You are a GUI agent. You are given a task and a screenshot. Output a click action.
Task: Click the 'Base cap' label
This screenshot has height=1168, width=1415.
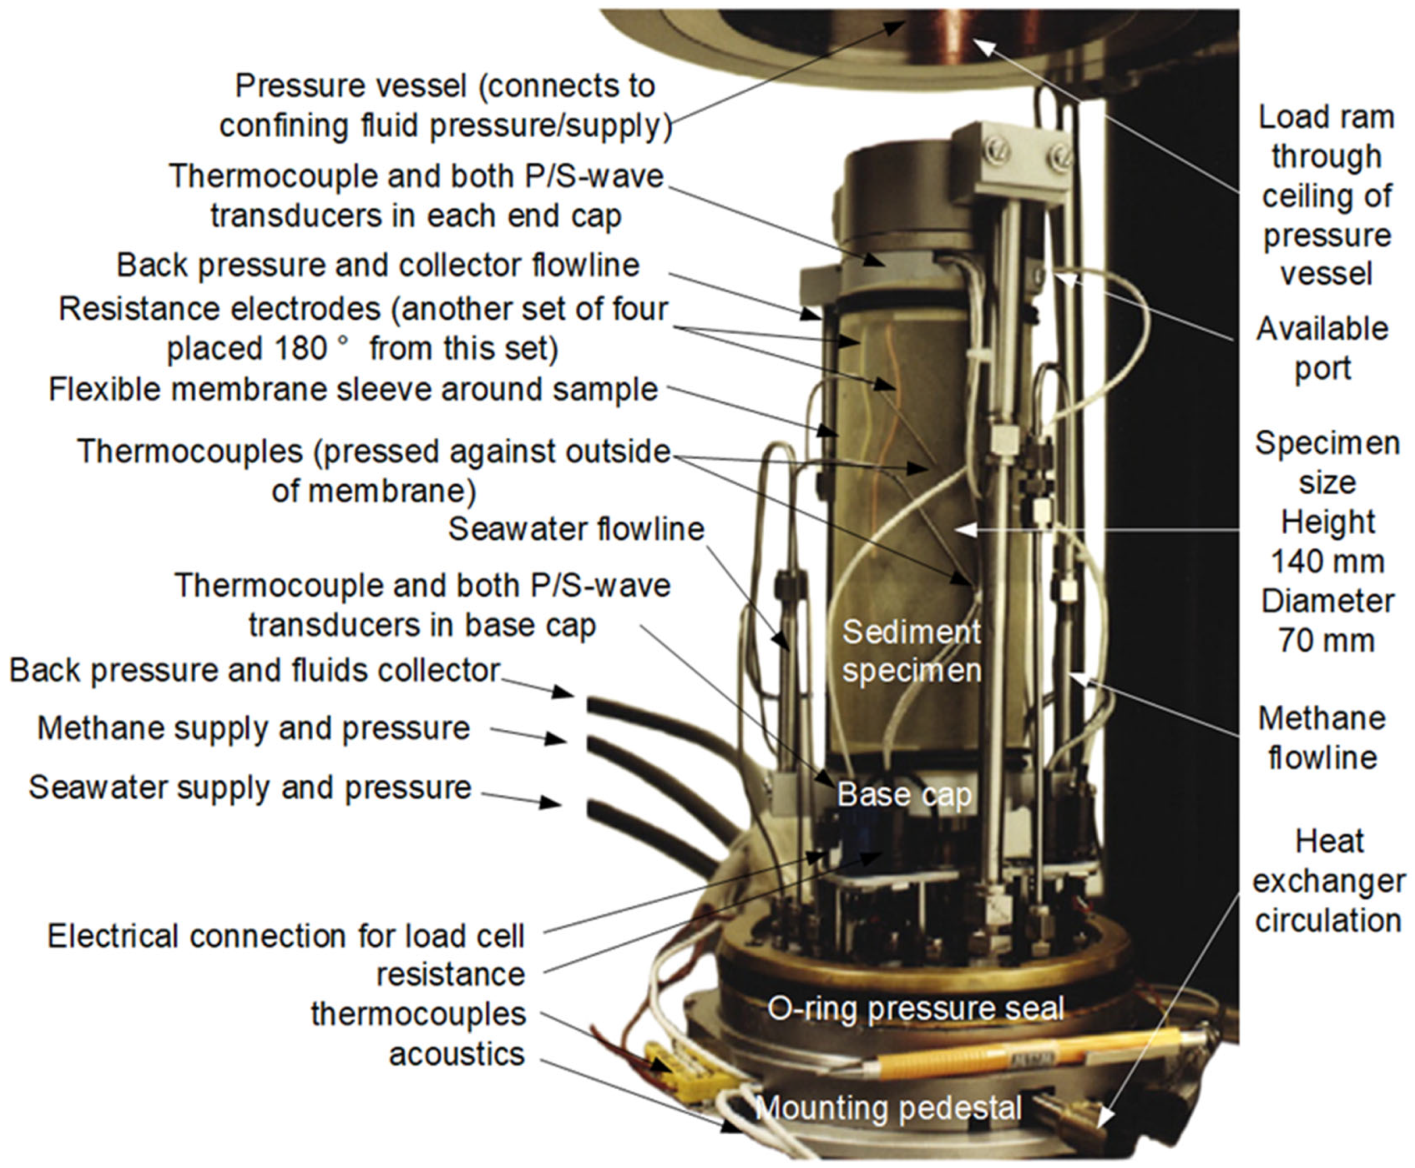pyautogui.click(x=904, y=794)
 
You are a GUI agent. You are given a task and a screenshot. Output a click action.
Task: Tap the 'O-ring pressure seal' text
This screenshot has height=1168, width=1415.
pyautogui.click(x=916, y=1008)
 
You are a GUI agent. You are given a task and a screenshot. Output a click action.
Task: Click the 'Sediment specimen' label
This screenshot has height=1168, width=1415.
pyautogui.click(x=912, y=651)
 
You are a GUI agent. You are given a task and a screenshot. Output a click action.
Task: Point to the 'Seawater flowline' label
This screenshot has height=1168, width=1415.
pyautogui.click(x=576, y=529)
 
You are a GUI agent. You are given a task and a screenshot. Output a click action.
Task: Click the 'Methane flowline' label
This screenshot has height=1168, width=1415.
pyautogui.click(x=1322, y=738)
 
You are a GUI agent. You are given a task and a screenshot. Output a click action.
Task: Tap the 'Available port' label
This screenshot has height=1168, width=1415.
pyautogui.click(x=1322, y=348)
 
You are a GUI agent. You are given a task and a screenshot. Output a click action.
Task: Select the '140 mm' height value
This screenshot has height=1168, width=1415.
pyautogui.click(x=1327, y=561)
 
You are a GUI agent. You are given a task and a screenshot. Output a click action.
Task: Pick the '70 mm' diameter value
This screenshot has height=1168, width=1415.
pyautogui.click(x=1327, y=640)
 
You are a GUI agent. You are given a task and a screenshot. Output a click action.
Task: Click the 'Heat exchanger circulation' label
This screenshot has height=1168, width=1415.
pyautogui.click(x=1329, y=881)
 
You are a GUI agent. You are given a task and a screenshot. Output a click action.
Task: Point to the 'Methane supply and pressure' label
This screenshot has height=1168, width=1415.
pyautogui.click(x=254, y=729)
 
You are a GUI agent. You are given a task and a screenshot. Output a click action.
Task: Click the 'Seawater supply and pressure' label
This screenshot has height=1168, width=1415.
pyautogui.click(x=250, y=788)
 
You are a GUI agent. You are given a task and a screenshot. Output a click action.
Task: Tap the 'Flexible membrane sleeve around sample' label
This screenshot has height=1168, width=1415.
pyautogui.click(x=353, y=390)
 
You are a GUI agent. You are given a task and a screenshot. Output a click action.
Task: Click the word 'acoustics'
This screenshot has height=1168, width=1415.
pyautogui.click(x=457, y=1054)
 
